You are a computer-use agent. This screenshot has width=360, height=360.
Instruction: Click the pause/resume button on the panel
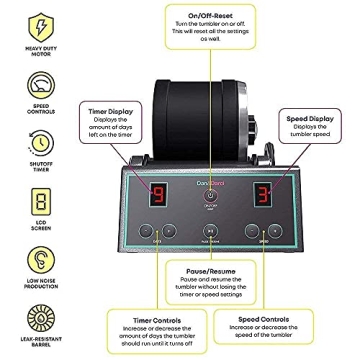point(209,229)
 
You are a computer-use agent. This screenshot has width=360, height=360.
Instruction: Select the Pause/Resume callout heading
point(209,270)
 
